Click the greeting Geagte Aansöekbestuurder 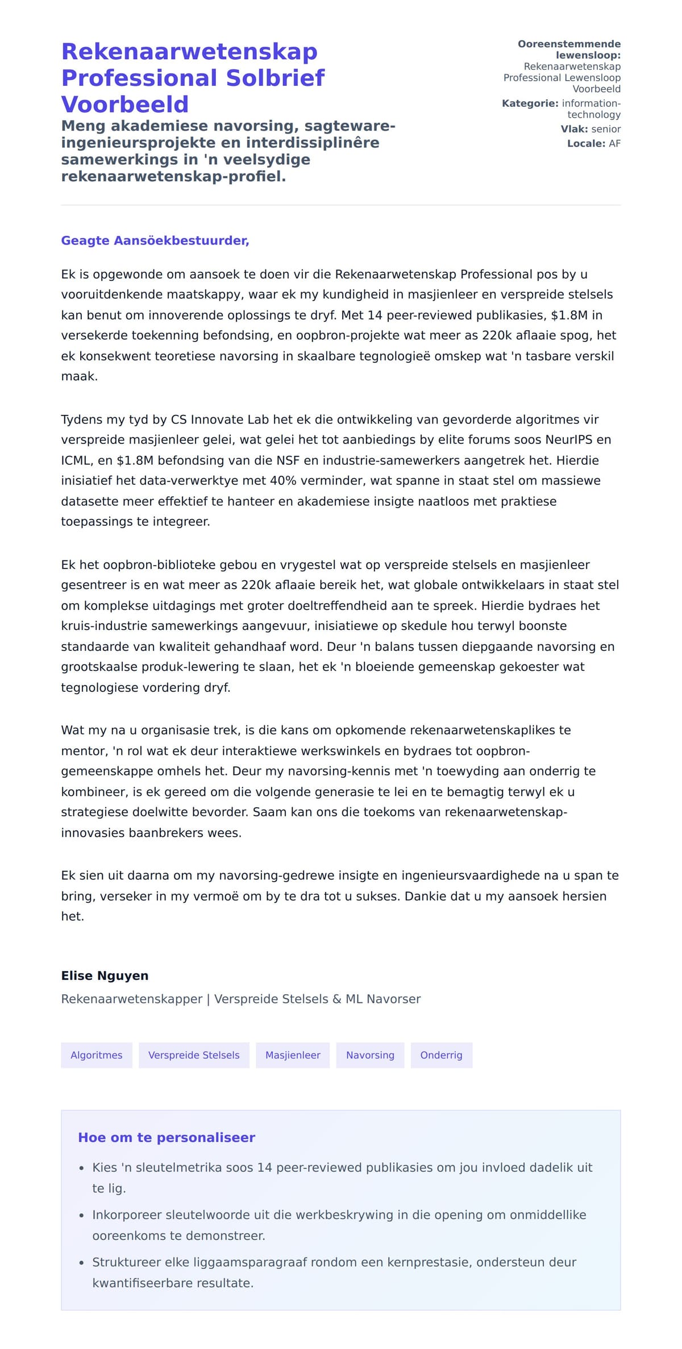click(x=155, y=240)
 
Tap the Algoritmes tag click(x=97, y=1055)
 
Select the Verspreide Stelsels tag click(x=194, y=1055)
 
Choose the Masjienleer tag click(x=293, y=1055)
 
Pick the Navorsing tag click(x=370, y=1055)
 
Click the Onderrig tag click(x=441, y=1055)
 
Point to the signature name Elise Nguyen click(x=105, y=976)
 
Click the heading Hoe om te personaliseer click(x=167, y=1137)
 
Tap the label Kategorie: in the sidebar click(x=530, y=103)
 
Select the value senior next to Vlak click(x=606, y=129)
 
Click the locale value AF click(x=614, y=143)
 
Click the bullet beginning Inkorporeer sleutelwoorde click(x=339, y=1214)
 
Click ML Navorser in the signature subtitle click(x=383, y=999)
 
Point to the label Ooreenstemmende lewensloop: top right click(x=569, y=49)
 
